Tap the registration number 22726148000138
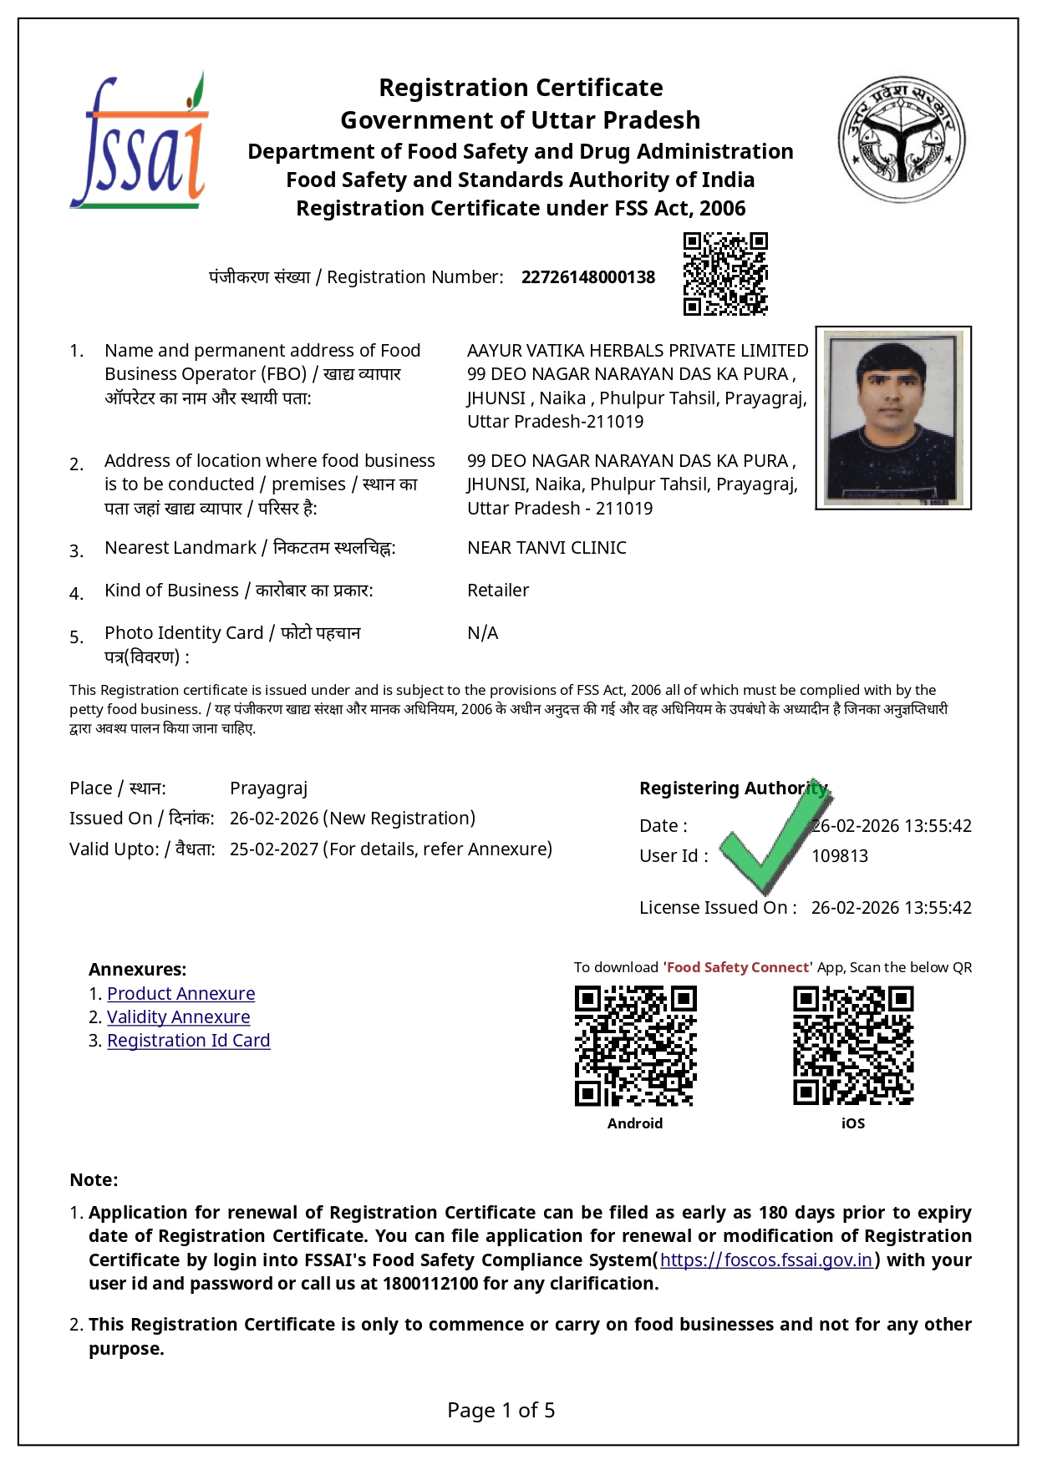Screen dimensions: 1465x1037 pyautogui.click(x=587, y=277)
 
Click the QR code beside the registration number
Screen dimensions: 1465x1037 pyautogui.click(x=724, y=274)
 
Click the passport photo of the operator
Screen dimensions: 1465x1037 pyautogui.click(x=892, y=418)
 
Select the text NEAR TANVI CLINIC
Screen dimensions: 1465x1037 pyautogui.click(x=546, y=548)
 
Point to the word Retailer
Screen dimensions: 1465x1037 pyautogui.click(x=498, y=591)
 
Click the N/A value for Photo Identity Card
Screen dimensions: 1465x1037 pyautogui.click(x=482, y=633)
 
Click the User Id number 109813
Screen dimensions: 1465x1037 pyautogui.click(x=839, y=856)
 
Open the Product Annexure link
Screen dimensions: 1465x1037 pyautogui.click(x=180, y=994)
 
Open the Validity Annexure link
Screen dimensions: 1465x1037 pyautogui.click(x=178, y=1017)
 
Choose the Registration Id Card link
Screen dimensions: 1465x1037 pyautogui.click(x=188, y=1041)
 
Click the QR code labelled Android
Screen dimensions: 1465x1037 pyautogui.click(x=635, y=1046)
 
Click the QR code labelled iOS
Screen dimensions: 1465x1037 pyautogui.click(x=852, y=1046)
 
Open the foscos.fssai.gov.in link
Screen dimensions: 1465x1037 pyautogui.click(x=765, y=1260)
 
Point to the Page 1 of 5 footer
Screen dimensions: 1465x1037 pyautogui.click(x=501, y=1411)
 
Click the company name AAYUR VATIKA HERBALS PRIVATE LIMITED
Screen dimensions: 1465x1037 pyautogui.click(x=637, y=351)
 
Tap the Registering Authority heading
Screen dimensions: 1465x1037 pyautogui.click(x=733, y=788)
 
